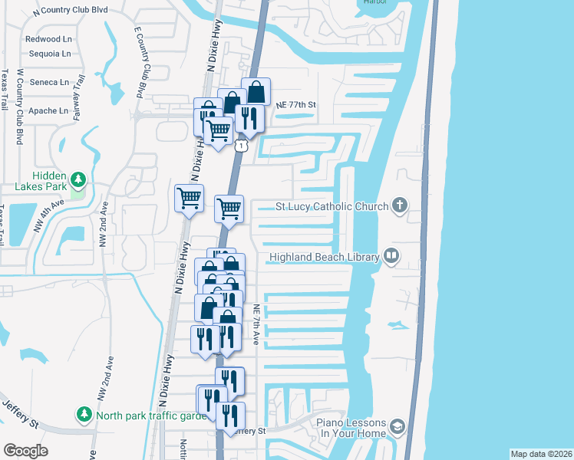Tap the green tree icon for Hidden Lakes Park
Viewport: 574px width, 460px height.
[x=77, y=179]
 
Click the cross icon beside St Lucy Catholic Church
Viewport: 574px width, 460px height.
[x=398, y=205]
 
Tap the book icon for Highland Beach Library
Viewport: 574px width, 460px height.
[x=391, y=256]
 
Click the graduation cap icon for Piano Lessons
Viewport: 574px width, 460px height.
[x=398, y=426]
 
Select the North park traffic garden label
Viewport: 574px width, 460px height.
[x=153, y=416]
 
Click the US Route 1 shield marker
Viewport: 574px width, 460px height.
[x=242, y=145]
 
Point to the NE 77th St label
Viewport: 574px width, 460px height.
[x=295, y=104]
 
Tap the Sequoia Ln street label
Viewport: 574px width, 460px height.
[x=48, y=54]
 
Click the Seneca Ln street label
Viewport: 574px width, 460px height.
[x=48, y=82]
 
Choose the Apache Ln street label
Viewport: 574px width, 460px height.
[x=48, y=111]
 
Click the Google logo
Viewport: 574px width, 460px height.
[x=25, y=450]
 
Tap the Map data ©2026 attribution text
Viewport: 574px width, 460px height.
[x=539, y=454]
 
